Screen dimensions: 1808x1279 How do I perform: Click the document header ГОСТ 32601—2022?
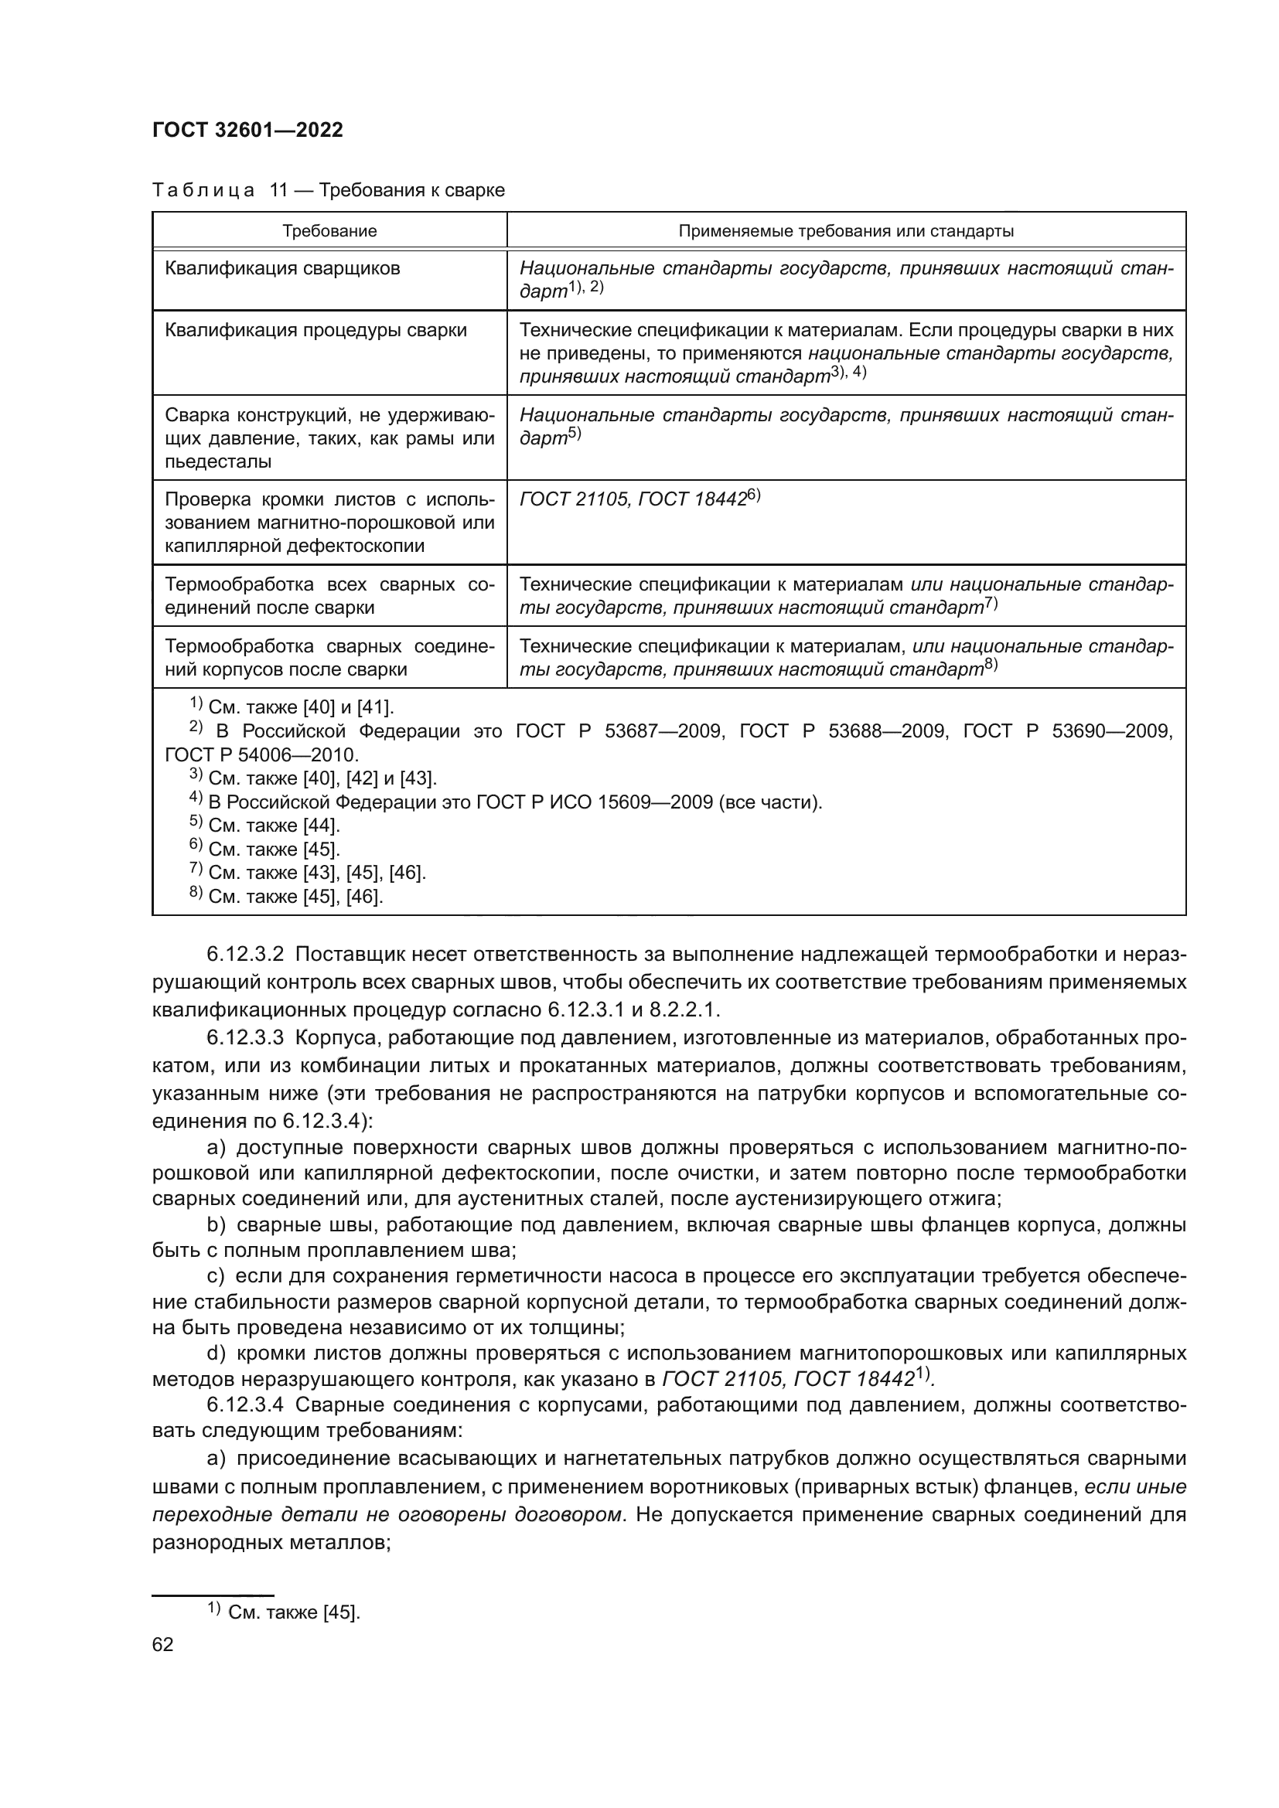[x=247, y=131]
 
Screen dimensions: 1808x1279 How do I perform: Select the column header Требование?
[x=329, y=232]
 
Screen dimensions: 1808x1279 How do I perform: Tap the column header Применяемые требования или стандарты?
[x=846, y=232]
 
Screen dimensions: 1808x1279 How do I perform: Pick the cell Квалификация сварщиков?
[x=282, y=268]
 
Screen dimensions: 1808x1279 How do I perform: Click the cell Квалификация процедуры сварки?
[x=315, y=330]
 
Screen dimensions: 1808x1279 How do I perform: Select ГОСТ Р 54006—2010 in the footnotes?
[x=261, y=755]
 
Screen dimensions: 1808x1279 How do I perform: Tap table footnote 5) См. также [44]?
[x=264, y=826]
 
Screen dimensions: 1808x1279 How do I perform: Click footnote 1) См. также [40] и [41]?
[x=292, y=707]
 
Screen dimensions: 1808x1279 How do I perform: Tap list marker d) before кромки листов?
[x=217, y=1353]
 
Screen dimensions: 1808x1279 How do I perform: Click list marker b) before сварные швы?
[x=217, y=1225]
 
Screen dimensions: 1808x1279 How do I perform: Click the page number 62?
[x=163, y=1644]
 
